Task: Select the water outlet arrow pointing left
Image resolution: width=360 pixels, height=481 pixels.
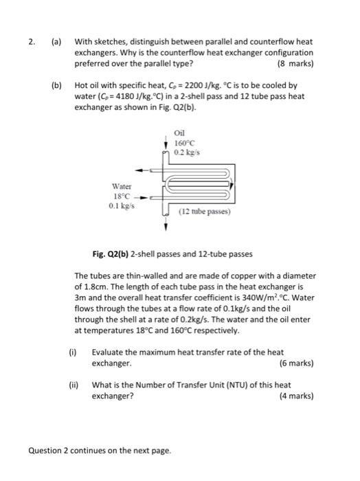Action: click(x=142, y=170)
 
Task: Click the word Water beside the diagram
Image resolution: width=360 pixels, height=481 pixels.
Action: click(x=122, y=186)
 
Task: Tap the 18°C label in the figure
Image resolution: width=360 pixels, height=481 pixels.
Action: click(x=122, y=195)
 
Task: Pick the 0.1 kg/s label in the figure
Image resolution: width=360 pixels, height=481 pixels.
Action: click(x=123, y=205)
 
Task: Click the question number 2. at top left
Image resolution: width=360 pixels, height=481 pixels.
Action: click(x=32, y=41)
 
